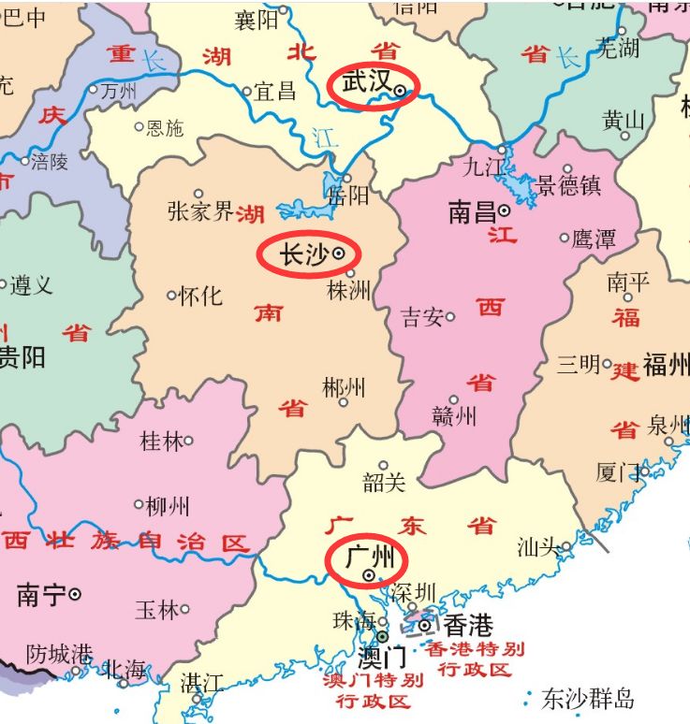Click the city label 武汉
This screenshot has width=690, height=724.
[x=366, y=83]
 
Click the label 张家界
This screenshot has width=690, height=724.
[x=200, y=211]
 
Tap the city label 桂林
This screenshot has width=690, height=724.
[x=161, y=441]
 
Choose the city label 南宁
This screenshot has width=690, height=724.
[x=41, y=595]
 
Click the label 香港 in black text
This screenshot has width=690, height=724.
[x=467, y=625]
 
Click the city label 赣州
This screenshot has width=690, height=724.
[x=455, y=416]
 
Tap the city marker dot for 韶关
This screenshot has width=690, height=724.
[x=383, y=465]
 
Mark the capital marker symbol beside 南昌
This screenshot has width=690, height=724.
[x=504, y=211]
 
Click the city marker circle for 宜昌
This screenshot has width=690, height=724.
[x=247, y=92]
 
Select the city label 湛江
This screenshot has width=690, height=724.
[x=201, y=683]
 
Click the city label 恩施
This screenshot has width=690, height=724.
[x=166, y=127]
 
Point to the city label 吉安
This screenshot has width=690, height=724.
[x=422, y=317]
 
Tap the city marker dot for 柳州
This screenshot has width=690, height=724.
[x=139, y=504]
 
